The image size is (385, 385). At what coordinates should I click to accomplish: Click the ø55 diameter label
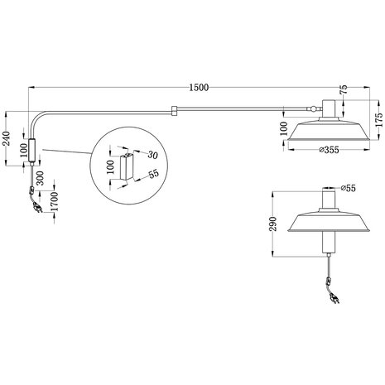[x=347, y=189]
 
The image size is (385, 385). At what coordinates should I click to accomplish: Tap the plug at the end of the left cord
[x=36, y=211]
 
